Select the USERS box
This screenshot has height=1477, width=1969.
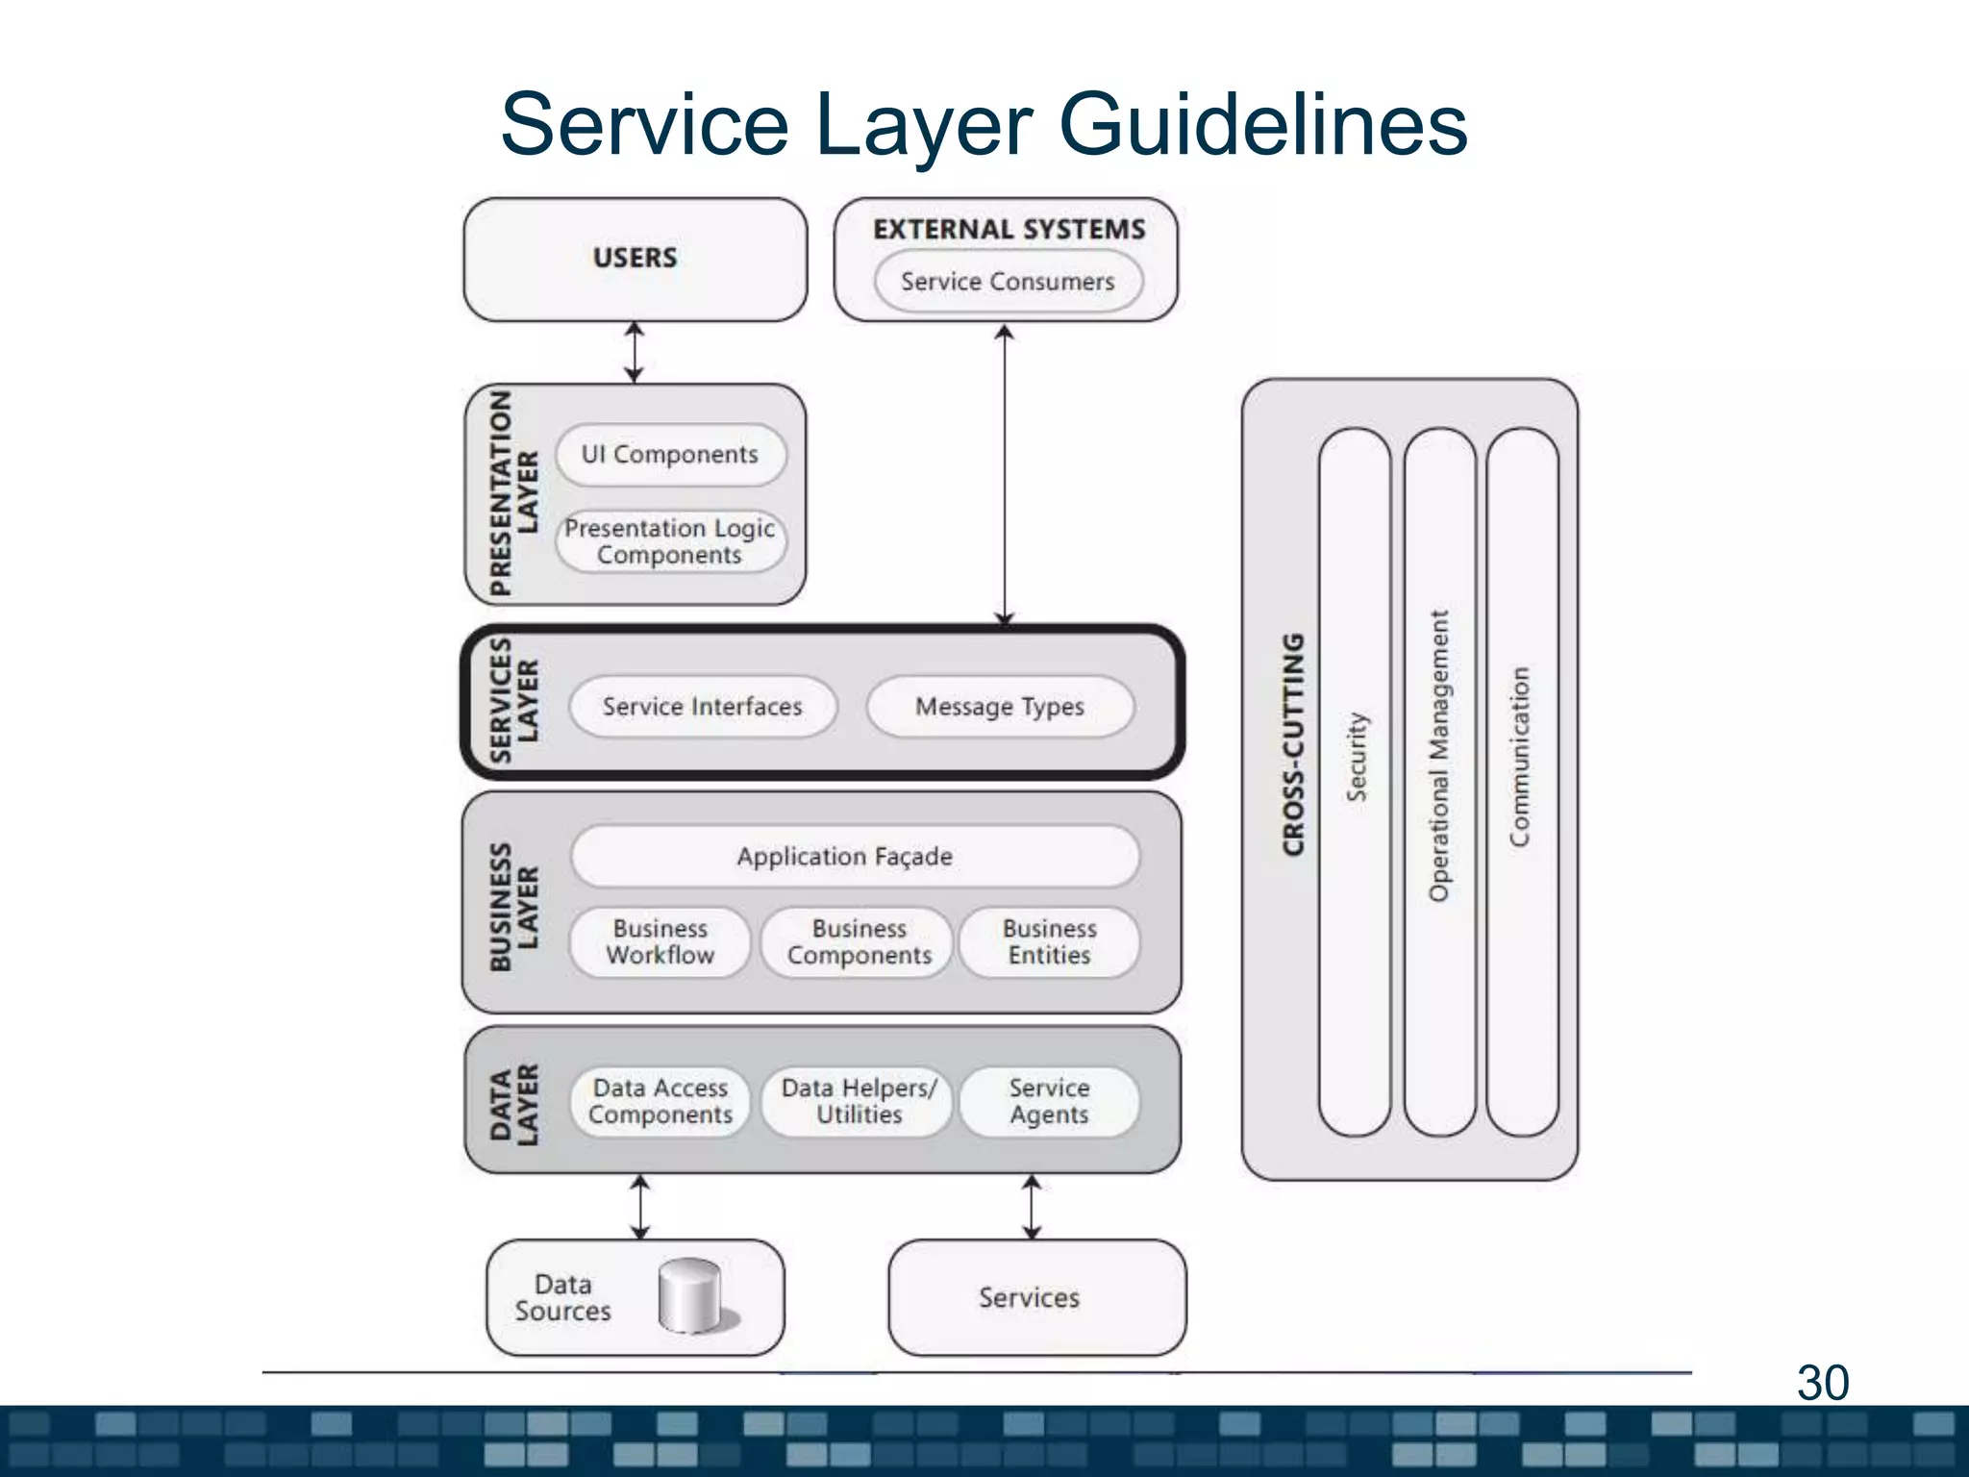tap(635, 259)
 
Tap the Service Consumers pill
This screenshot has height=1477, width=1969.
tap(1008, 282)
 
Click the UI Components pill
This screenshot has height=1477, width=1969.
tap(670, 454)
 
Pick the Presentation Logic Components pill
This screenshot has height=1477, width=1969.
tap(670, 541)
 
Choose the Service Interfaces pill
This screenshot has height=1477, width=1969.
tap(702, 707)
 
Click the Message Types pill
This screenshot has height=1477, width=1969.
tap(1000, 707)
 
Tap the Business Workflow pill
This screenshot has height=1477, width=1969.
tap(660, 942)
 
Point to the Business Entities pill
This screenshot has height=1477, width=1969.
tap(1049, 942)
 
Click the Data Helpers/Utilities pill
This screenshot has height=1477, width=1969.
tap(858, 1102)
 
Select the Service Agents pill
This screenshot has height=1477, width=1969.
tap(1049, 1102)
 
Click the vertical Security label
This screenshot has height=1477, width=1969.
tap(1355, 757)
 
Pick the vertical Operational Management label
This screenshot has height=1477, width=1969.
tap(1438, 757)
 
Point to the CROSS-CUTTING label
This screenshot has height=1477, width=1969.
tap(1294, 744)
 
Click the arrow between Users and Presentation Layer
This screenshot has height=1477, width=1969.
tap(634, 352)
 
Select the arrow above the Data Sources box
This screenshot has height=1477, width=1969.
tap(639, 1207)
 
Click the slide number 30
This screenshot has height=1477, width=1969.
tap(1822, 1383)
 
